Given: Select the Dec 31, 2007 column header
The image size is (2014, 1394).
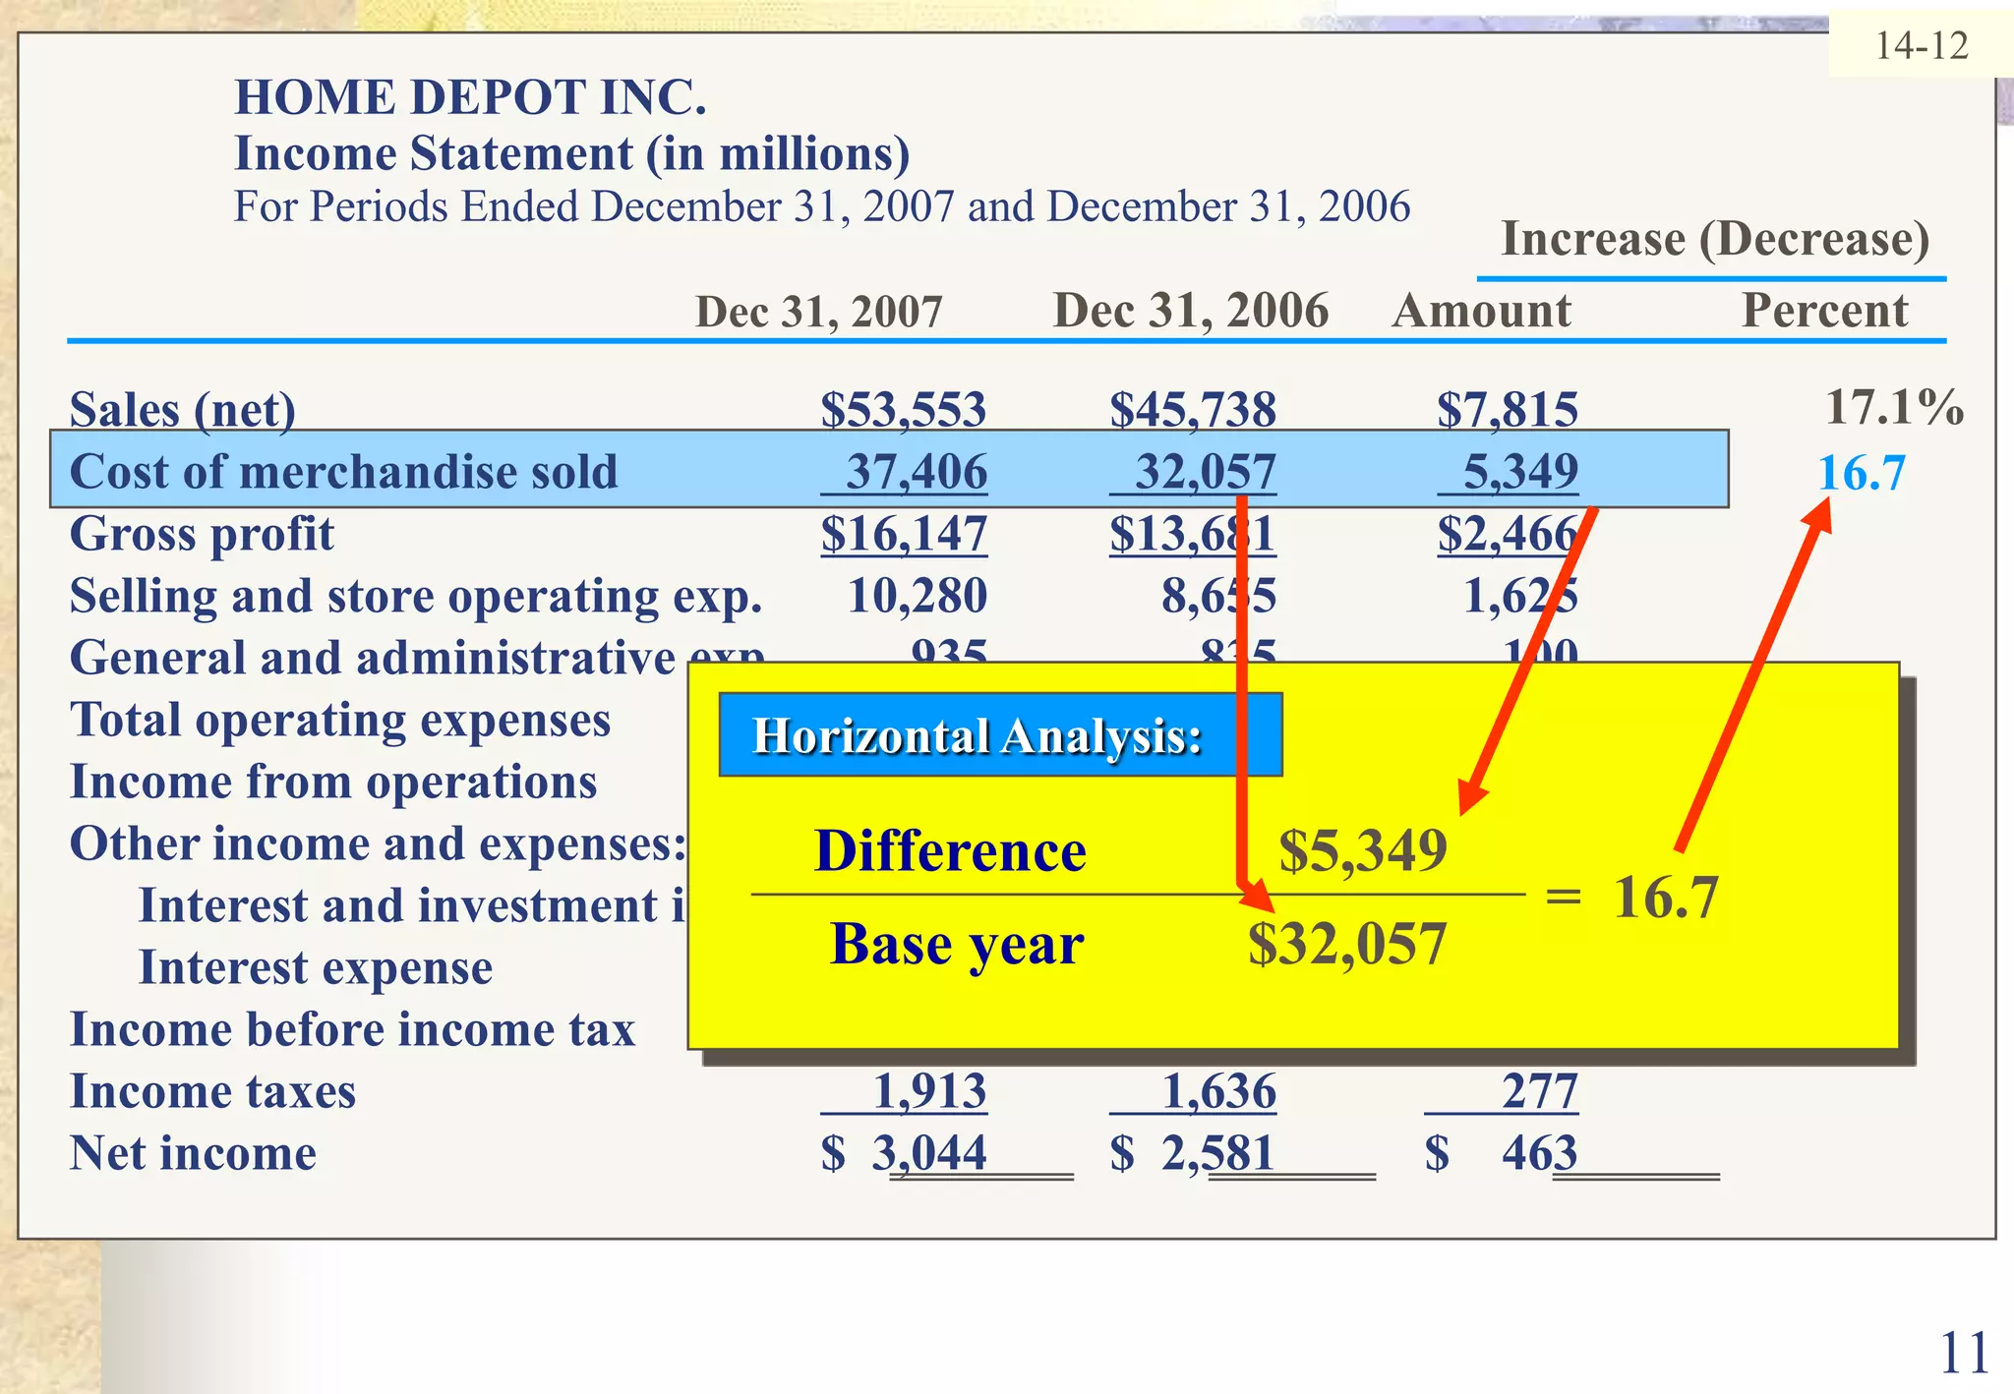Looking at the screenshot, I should pos(818,313).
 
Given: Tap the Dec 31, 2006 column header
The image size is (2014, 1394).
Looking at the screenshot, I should pos(1190,312).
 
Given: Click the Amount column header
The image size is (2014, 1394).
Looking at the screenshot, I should pos(1481,312).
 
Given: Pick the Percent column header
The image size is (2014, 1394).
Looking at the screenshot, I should pos(1824,312).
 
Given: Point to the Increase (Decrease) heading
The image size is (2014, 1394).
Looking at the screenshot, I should pos(1715,240).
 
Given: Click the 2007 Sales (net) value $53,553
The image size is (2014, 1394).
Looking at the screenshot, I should pos(903,410).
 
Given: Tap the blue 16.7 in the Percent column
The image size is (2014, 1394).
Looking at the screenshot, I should pos(1861,474).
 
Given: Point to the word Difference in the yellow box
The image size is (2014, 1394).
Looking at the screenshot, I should pos(950,851).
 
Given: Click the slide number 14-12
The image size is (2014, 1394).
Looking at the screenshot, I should pos(1921,46).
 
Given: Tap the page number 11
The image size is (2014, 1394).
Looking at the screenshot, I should pos(1964,1354).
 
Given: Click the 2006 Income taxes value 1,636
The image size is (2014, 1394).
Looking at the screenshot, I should pos(1218,1092).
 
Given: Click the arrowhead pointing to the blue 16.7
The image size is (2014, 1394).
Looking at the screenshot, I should pos(1818,514).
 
